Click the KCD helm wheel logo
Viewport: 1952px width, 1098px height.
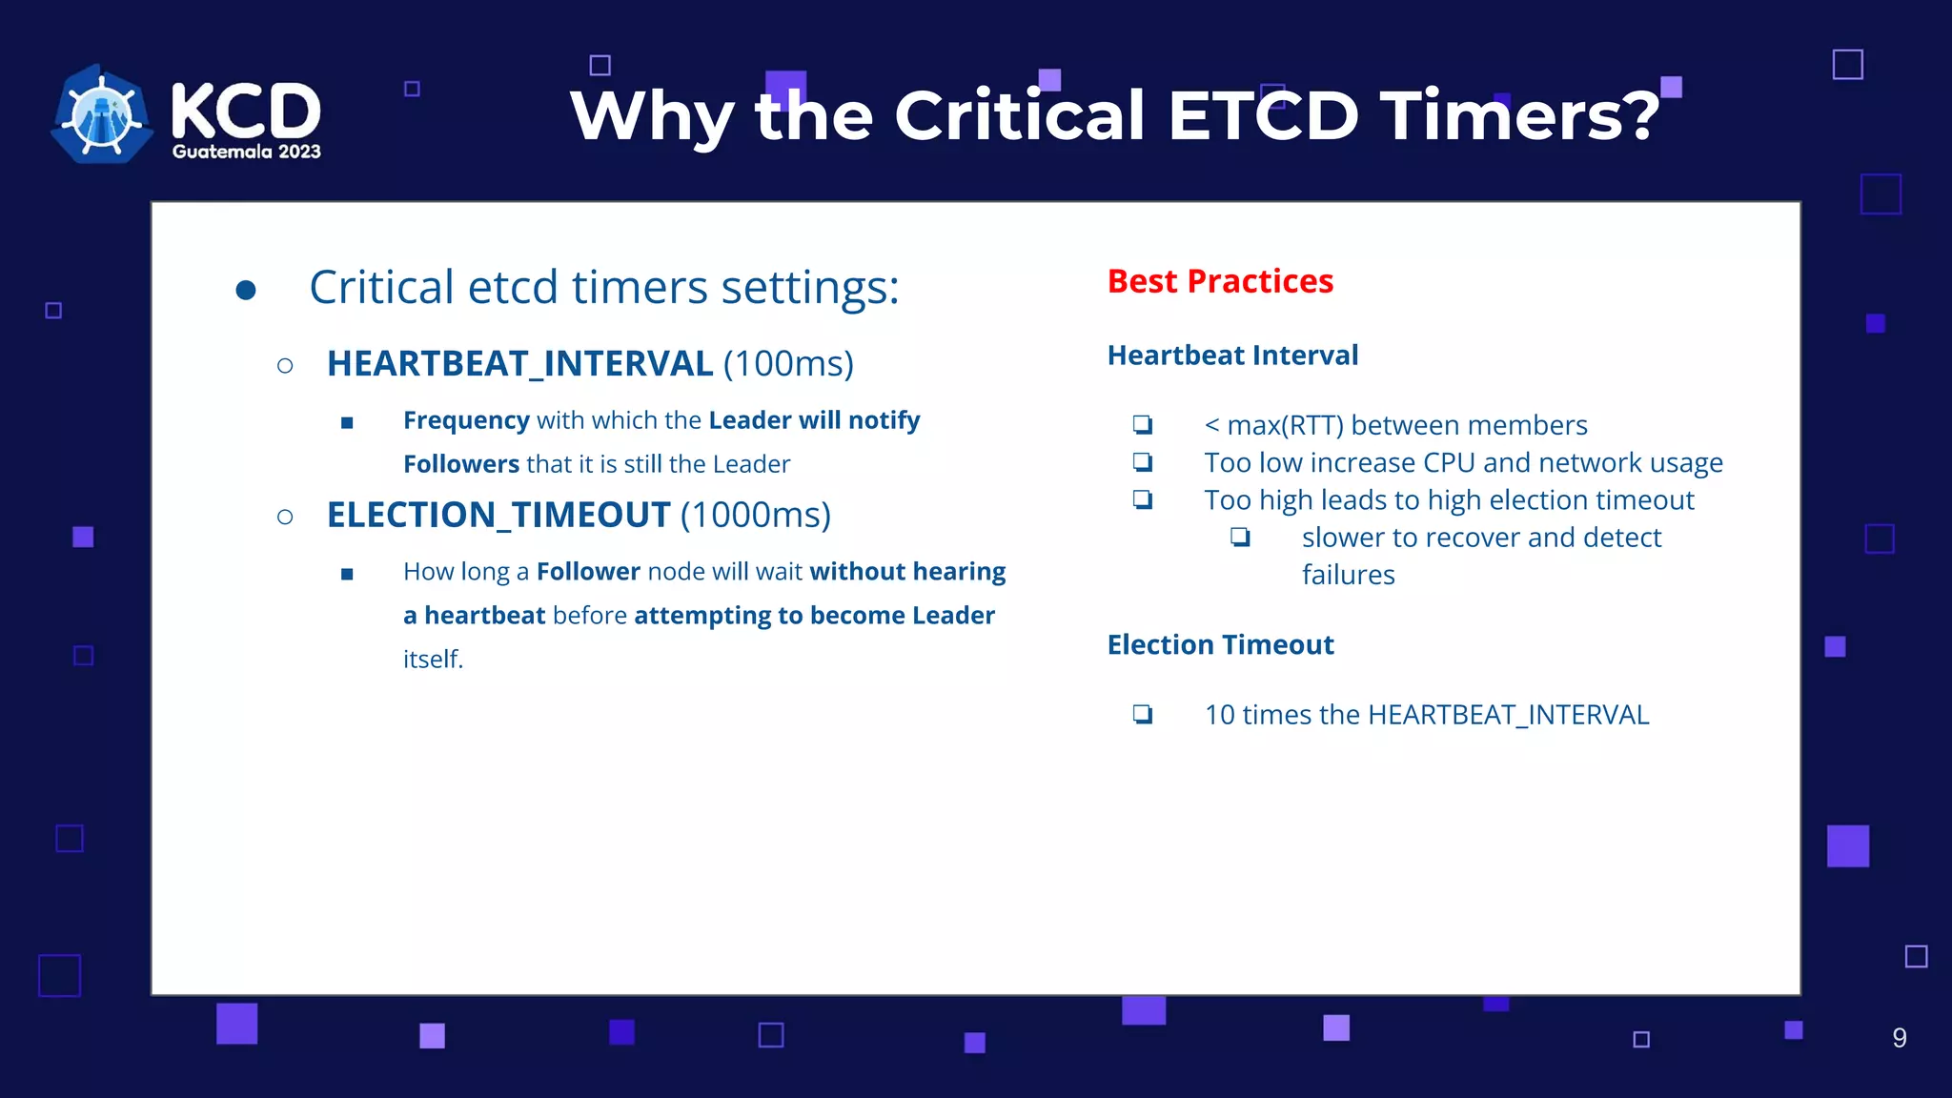tap(102, 113)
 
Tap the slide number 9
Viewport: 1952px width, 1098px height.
tap(1900, 1038)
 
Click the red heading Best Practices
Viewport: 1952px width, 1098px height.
tap(1220, 282)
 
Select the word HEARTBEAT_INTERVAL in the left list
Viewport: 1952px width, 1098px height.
tap(519, 364)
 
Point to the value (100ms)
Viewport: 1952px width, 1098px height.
tap(788, 364)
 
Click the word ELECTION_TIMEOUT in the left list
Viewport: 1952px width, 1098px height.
tap(498, 516)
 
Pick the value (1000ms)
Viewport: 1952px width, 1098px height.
tap(756, 516)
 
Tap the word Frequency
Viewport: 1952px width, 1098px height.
tap(466, 421)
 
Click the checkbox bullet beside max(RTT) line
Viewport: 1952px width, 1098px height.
tap(1143, 424)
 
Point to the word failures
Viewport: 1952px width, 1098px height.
tap(1348, 575)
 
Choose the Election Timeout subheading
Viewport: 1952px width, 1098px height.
tap(1220, 645)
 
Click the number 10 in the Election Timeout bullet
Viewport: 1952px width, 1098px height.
tap(1220, 715)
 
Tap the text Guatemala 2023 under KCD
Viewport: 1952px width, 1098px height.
tap(246, 152)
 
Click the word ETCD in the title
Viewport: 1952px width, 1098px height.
tap(1263, 115)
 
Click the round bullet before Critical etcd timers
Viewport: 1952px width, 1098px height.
tap(246, 290)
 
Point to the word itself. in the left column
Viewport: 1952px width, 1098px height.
tap(433, 660)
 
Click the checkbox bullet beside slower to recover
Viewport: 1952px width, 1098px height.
tap(1240, 537)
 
